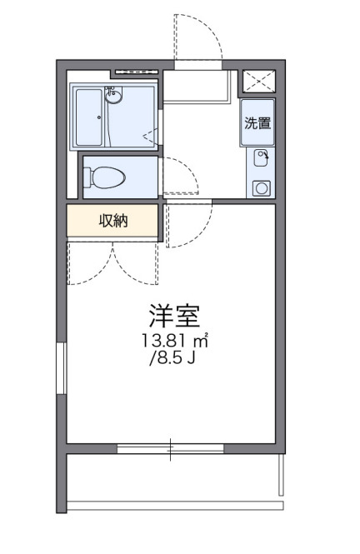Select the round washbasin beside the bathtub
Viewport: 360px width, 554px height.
tap(116, 97)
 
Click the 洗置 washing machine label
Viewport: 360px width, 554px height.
tap(257, 123)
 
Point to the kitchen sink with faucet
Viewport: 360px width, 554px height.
tap(262, 156)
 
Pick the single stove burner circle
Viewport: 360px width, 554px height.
tap(262, 187)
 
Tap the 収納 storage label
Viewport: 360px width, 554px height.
tap(113, 220)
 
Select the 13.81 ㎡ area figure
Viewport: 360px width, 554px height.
tap(174, 341)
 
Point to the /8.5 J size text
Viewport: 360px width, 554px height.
tap(172, 360)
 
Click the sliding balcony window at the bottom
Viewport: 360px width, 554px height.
tap(171, 449)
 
